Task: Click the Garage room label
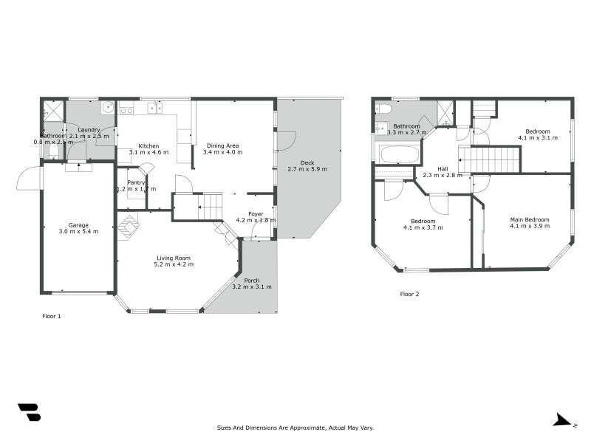(79, 224)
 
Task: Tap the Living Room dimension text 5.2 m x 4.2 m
(174, 264)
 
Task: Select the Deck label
(307, 162)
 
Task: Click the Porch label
(252, 280)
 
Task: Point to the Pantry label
(136, 182)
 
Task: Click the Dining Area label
(222, 145)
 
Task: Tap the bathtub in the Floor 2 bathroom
(398, 154)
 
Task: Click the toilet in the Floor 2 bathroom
(383, 109)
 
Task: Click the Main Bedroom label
(530, 219)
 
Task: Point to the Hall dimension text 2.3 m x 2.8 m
(443, 176)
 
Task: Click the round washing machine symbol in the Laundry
(106, 107)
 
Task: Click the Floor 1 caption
(52, 316)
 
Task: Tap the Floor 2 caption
(409, 294)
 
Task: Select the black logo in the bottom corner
(29, 412)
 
